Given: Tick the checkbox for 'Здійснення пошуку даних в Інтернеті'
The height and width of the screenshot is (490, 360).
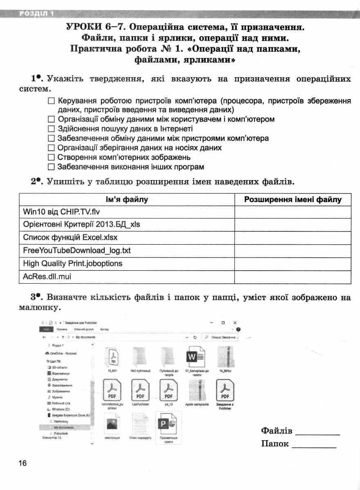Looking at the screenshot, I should pos(51,129).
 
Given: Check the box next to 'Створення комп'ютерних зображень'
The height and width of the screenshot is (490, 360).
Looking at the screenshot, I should pos(51,158).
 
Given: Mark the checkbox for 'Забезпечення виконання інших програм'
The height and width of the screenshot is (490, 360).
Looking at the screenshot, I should pos(51,167).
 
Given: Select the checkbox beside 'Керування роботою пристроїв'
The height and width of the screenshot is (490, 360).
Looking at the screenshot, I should pos(51,101).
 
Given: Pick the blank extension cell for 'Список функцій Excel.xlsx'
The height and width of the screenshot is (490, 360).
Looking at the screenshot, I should pos(293,237).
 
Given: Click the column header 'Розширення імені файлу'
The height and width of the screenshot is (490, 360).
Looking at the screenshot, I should pos(293,200).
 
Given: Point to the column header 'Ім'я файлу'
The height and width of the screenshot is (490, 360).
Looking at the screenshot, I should pos(127,200).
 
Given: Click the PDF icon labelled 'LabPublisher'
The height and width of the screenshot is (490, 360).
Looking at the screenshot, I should pos(140,390).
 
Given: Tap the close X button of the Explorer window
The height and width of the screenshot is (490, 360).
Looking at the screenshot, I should pos(235,323).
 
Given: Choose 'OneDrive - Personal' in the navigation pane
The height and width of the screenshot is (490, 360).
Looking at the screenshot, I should pos(63,353).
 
